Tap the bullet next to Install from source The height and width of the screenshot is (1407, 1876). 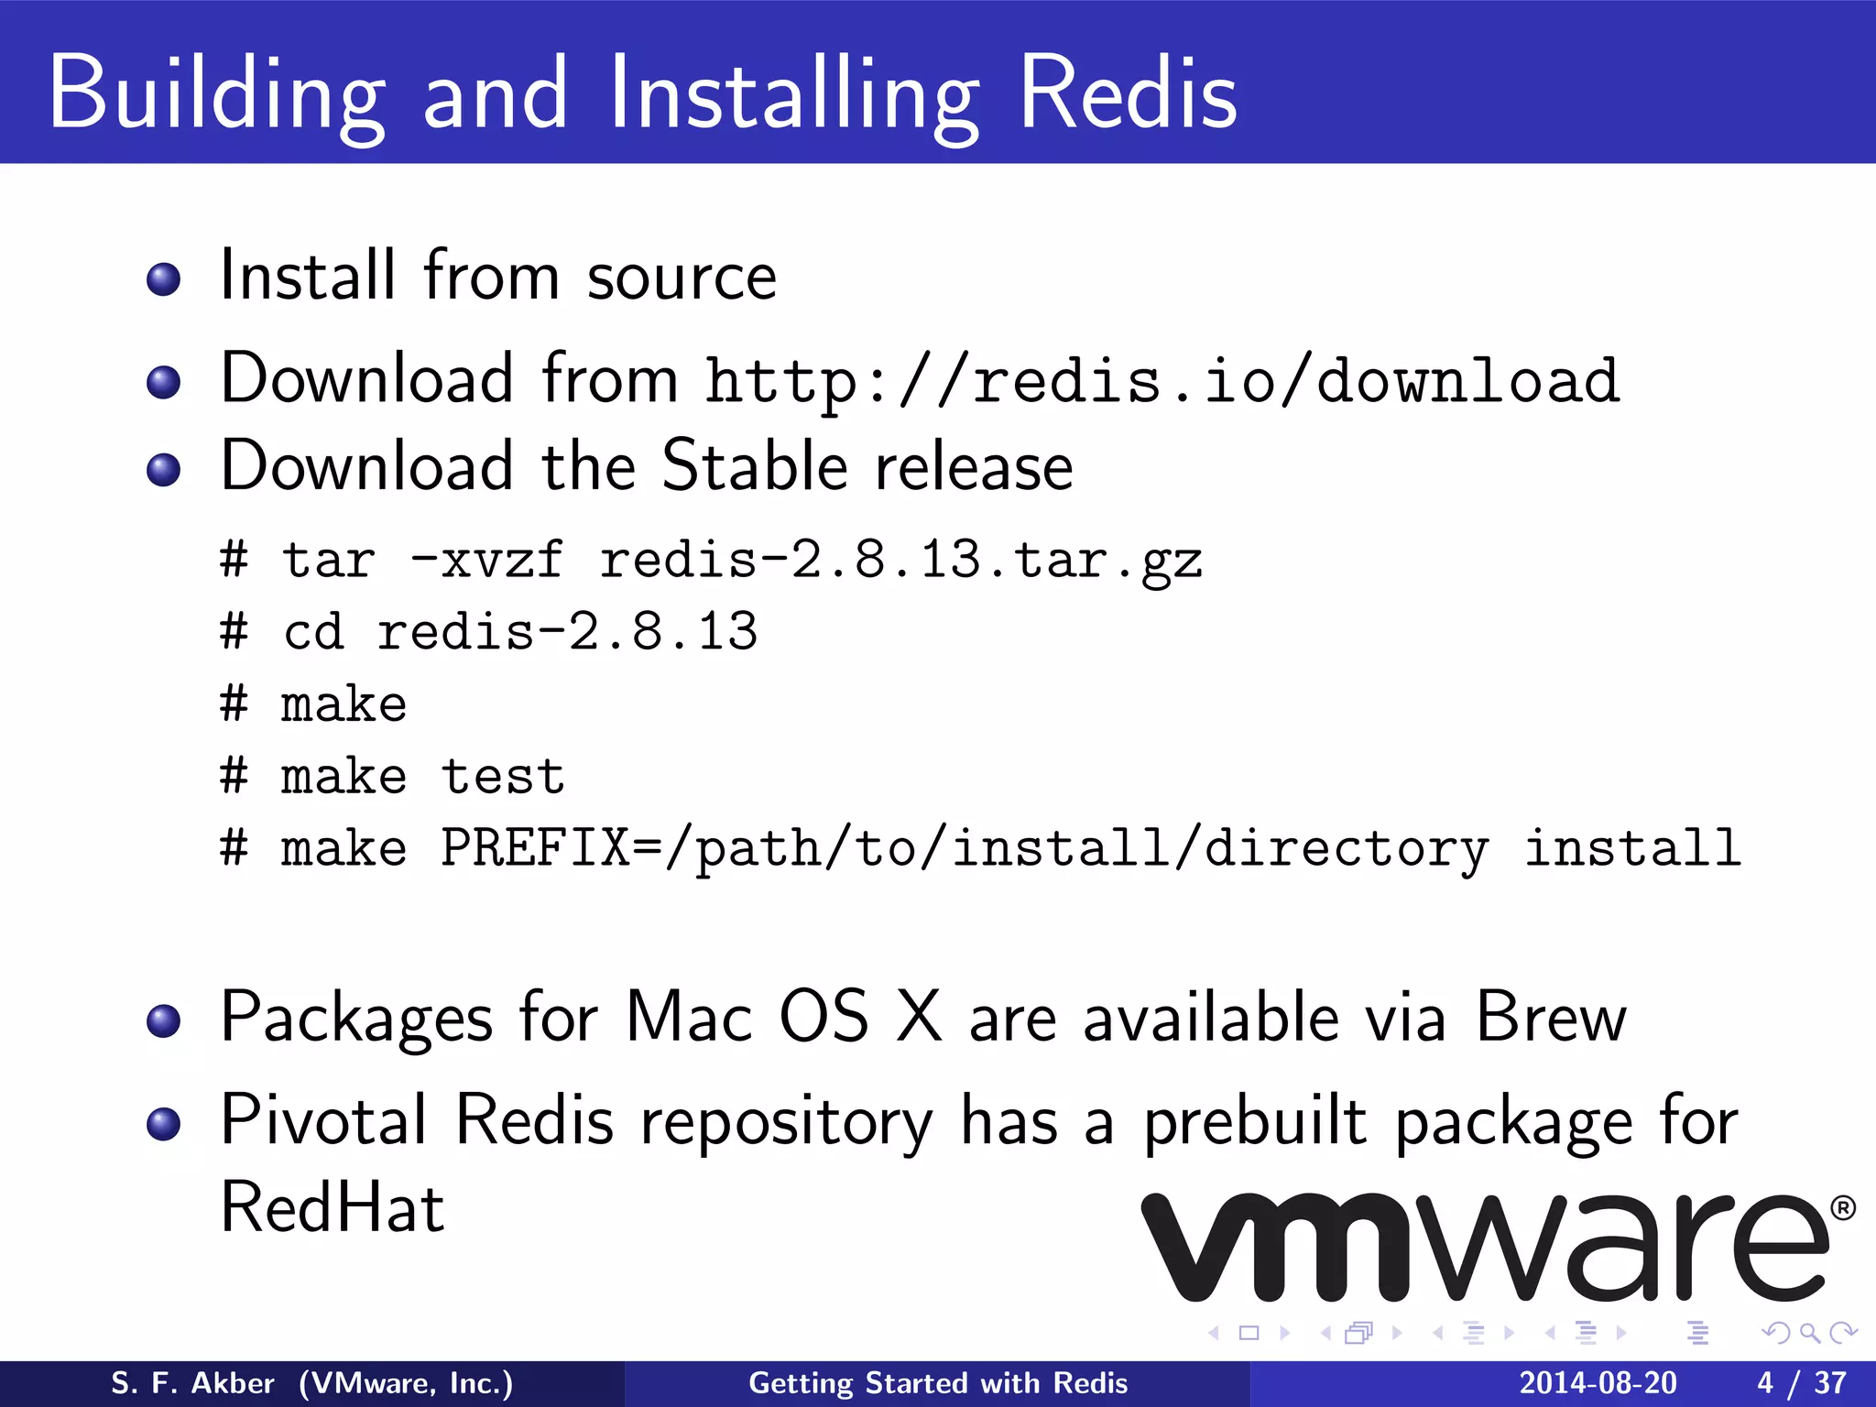(x=164, y=278)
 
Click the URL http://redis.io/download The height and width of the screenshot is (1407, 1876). (x=1162, y=379)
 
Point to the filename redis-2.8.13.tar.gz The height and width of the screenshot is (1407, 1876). (x=900, y=560)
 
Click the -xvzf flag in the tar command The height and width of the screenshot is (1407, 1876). (x=486, y=560)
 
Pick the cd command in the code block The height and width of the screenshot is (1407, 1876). (x=313, y=632)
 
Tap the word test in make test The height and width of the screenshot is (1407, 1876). (x=503, y=777)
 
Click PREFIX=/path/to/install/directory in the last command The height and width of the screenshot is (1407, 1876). (x=965, y=848)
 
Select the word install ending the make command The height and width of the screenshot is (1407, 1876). (x=1631, y=848)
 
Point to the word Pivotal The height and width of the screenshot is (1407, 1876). (x=323, y=1119)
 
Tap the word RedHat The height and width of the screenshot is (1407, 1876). (x=333, y=1207)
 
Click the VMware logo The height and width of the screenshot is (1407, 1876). (x=1484, y=1248)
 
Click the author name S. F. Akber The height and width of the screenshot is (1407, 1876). (x=192, y=1383)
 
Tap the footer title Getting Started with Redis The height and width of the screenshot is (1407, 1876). (x=938, y=1383)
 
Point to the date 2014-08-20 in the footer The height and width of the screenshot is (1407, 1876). (x=1598, y=1383)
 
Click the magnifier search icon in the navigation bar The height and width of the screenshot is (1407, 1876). (x=1809, y=1333)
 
